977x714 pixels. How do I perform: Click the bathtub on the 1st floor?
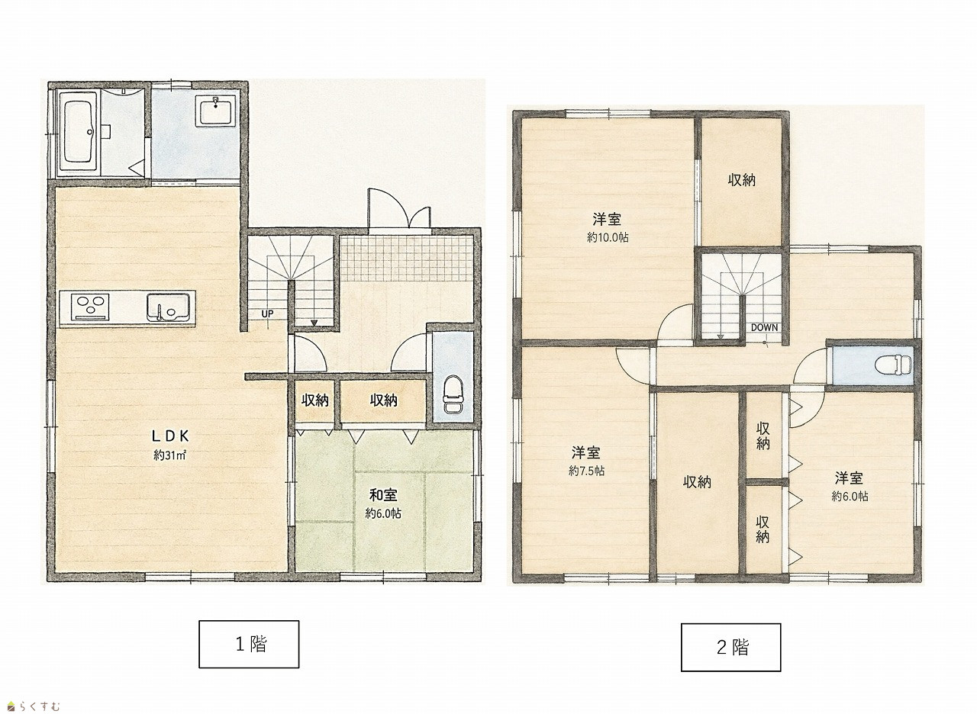[79, 133]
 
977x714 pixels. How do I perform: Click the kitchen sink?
[169, 307]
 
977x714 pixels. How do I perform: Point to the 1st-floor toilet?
[453, 394]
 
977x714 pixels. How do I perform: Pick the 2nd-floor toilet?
[893, 365]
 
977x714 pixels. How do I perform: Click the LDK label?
[170, 436]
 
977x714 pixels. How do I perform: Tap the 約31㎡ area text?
[170, 455]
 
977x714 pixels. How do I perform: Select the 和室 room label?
[383, 495]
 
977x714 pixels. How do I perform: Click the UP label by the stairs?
[267, 314]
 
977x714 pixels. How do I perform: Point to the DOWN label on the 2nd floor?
[764, 327]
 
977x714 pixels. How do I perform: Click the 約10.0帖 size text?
[608, 237]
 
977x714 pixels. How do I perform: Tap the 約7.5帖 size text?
[586, 471]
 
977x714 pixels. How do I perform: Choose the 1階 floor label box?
[249, 645]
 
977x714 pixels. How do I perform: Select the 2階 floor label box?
[731, 648]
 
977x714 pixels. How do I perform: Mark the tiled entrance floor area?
[407, 259]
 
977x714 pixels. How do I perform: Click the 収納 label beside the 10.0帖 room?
[741, 180]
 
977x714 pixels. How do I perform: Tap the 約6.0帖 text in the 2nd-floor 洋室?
[850, 496]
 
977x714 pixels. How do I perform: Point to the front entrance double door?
[399, 209]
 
